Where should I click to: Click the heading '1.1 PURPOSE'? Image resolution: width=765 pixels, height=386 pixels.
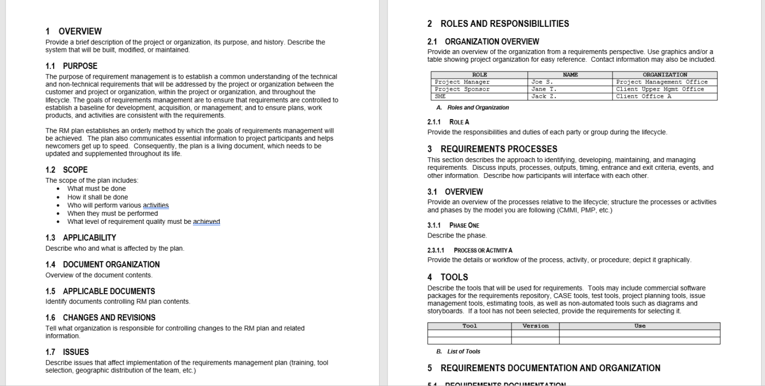click(71, 66)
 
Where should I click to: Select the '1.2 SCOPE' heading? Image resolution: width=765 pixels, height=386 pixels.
click(66, 170)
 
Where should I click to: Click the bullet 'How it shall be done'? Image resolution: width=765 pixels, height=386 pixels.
click(97, 197)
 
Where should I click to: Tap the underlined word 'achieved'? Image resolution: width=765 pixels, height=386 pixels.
click(206, 222)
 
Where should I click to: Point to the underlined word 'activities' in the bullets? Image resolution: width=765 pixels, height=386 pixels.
click(156, 205)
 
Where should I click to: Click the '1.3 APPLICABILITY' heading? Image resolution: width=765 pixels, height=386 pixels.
click(80, 237)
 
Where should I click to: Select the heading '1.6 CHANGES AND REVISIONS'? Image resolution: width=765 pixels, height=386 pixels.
click(100, 317)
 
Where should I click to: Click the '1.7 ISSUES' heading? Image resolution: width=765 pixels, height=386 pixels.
click(67, 352)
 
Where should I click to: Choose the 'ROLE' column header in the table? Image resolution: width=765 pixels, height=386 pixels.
click(479, 75)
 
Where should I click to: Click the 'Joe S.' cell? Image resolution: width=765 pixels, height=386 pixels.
click(542, 82)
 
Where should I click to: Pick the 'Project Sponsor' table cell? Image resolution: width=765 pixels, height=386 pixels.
click(462, 89)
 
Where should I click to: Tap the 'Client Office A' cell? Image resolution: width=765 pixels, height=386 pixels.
click(643, 96)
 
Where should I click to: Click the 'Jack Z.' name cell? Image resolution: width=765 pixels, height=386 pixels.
click(544, 96)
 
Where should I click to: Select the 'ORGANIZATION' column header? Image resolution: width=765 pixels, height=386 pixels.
click(664, 75)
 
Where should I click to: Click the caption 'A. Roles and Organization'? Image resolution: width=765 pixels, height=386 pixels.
click(473, 108)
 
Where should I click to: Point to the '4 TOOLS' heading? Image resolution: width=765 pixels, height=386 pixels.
click(448, 277)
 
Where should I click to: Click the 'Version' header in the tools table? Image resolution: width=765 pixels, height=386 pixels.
click(535, 326)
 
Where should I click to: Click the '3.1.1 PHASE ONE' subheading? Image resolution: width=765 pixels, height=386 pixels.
click(453, 225)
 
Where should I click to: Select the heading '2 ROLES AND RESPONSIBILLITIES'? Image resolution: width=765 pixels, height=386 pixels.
click(498, 23)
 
